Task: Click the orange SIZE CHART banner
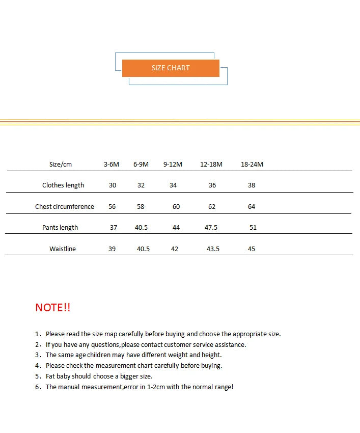(x=171, y=68)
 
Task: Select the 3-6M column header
(x=112, y=164)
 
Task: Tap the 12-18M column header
(x=211, y=164)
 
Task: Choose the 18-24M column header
(x=252, y=164)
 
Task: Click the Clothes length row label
(x=63, y=185)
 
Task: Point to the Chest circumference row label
(x=65, y=206)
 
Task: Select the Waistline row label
(x=63, y=249)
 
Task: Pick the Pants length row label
(x=60, y=227)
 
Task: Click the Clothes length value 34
(x=173, y=185)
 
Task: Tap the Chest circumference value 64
(x=252, y=206)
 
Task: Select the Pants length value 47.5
(x=211, y=227)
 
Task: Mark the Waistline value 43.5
(x=213, y=249)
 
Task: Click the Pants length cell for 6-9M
(x=142, y=227)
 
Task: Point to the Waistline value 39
(x=112, y=249)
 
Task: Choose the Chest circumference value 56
(x=113, y=206)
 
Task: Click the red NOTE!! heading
(x=53, y=307)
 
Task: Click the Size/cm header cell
(x=61, y=164)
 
